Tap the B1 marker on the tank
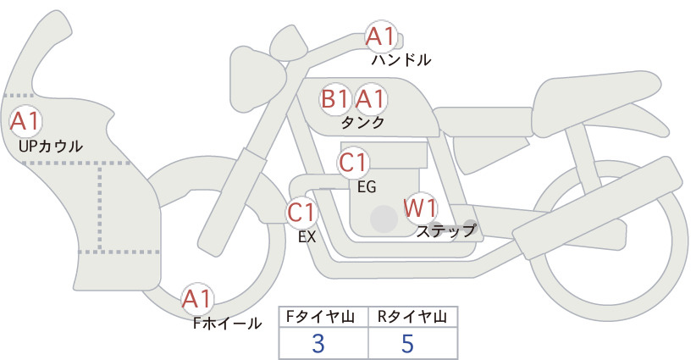click(x=335, y=99)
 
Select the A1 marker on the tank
click(x=370, y=99)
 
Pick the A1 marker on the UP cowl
click(x=25, y=121)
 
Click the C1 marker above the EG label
click(x=353, y=163)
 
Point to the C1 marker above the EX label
click(x=301, y=212)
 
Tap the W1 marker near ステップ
click(x=420, y=208)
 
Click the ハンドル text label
click(x=401, y=60)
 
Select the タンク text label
click(x=362, y=123)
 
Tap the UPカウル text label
click(x=51, y=146)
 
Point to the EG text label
click(x=367, y=187)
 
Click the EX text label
click(x=307, y=237)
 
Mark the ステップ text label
click(x=445, y=231)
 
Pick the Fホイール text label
click(x=227, y=324)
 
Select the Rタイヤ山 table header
click(x=412, y=317)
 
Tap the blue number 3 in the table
click(x=318, y=343)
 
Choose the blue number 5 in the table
click(x=407, y=343)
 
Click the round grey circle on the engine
click(x=384, y=219)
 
